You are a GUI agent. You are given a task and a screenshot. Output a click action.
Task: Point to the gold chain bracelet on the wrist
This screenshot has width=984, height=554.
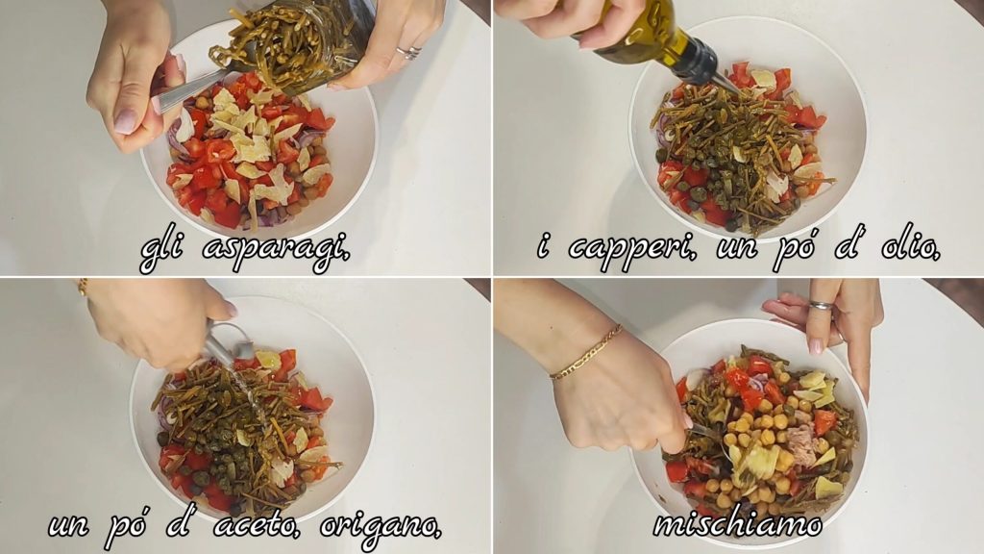[x=585, y=353]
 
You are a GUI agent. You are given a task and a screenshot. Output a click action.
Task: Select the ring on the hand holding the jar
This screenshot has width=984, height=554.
[x=408, y=53]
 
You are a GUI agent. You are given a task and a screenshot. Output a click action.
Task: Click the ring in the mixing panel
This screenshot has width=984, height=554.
[x=821, y=306]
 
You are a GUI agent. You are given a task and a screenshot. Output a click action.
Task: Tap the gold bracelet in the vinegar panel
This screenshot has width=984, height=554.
[x=83, y=288]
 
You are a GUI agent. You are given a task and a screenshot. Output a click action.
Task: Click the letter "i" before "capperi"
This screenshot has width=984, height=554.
[x=544, y=247]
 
